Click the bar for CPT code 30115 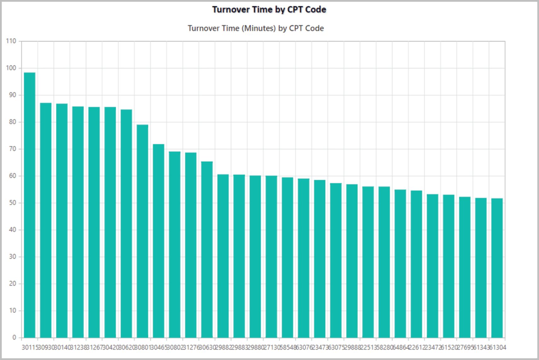[x=30, y=205]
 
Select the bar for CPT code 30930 [x=46, y=220]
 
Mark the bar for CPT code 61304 [x=497, y=268]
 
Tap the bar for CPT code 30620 [x=126, y=224]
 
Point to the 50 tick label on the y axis [x=12, y=203]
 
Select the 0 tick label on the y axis [x=14, y=338]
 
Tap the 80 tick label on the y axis [x=12, y=122]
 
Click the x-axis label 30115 [x=30, y=347]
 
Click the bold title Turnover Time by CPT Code [x=269, y=10]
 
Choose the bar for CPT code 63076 [x=304, y=258]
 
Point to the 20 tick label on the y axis [x=12, y=284]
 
